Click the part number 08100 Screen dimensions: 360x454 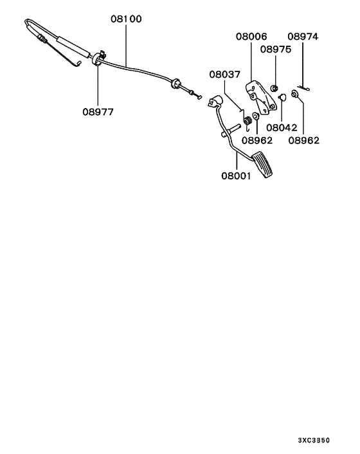126,19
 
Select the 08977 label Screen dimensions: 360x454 98,112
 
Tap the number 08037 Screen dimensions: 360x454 225,75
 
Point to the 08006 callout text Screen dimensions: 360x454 251,37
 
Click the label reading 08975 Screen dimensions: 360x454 276,50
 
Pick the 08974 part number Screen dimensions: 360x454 303,37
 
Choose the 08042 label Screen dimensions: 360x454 282,127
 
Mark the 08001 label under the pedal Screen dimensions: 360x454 236,176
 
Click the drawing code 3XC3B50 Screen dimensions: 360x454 314,440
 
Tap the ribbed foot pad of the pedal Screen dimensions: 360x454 263,166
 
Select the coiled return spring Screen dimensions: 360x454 247,120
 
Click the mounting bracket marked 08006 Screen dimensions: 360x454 260,97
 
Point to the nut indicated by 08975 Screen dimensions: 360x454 274,87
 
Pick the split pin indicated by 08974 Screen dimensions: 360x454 304,87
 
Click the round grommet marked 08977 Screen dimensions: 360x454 96,59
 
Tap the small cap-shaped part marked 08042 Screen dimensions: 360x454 282,96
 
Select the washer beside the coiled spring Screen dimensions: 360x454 256,116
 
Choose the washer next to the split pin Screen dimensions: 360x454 294,94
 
